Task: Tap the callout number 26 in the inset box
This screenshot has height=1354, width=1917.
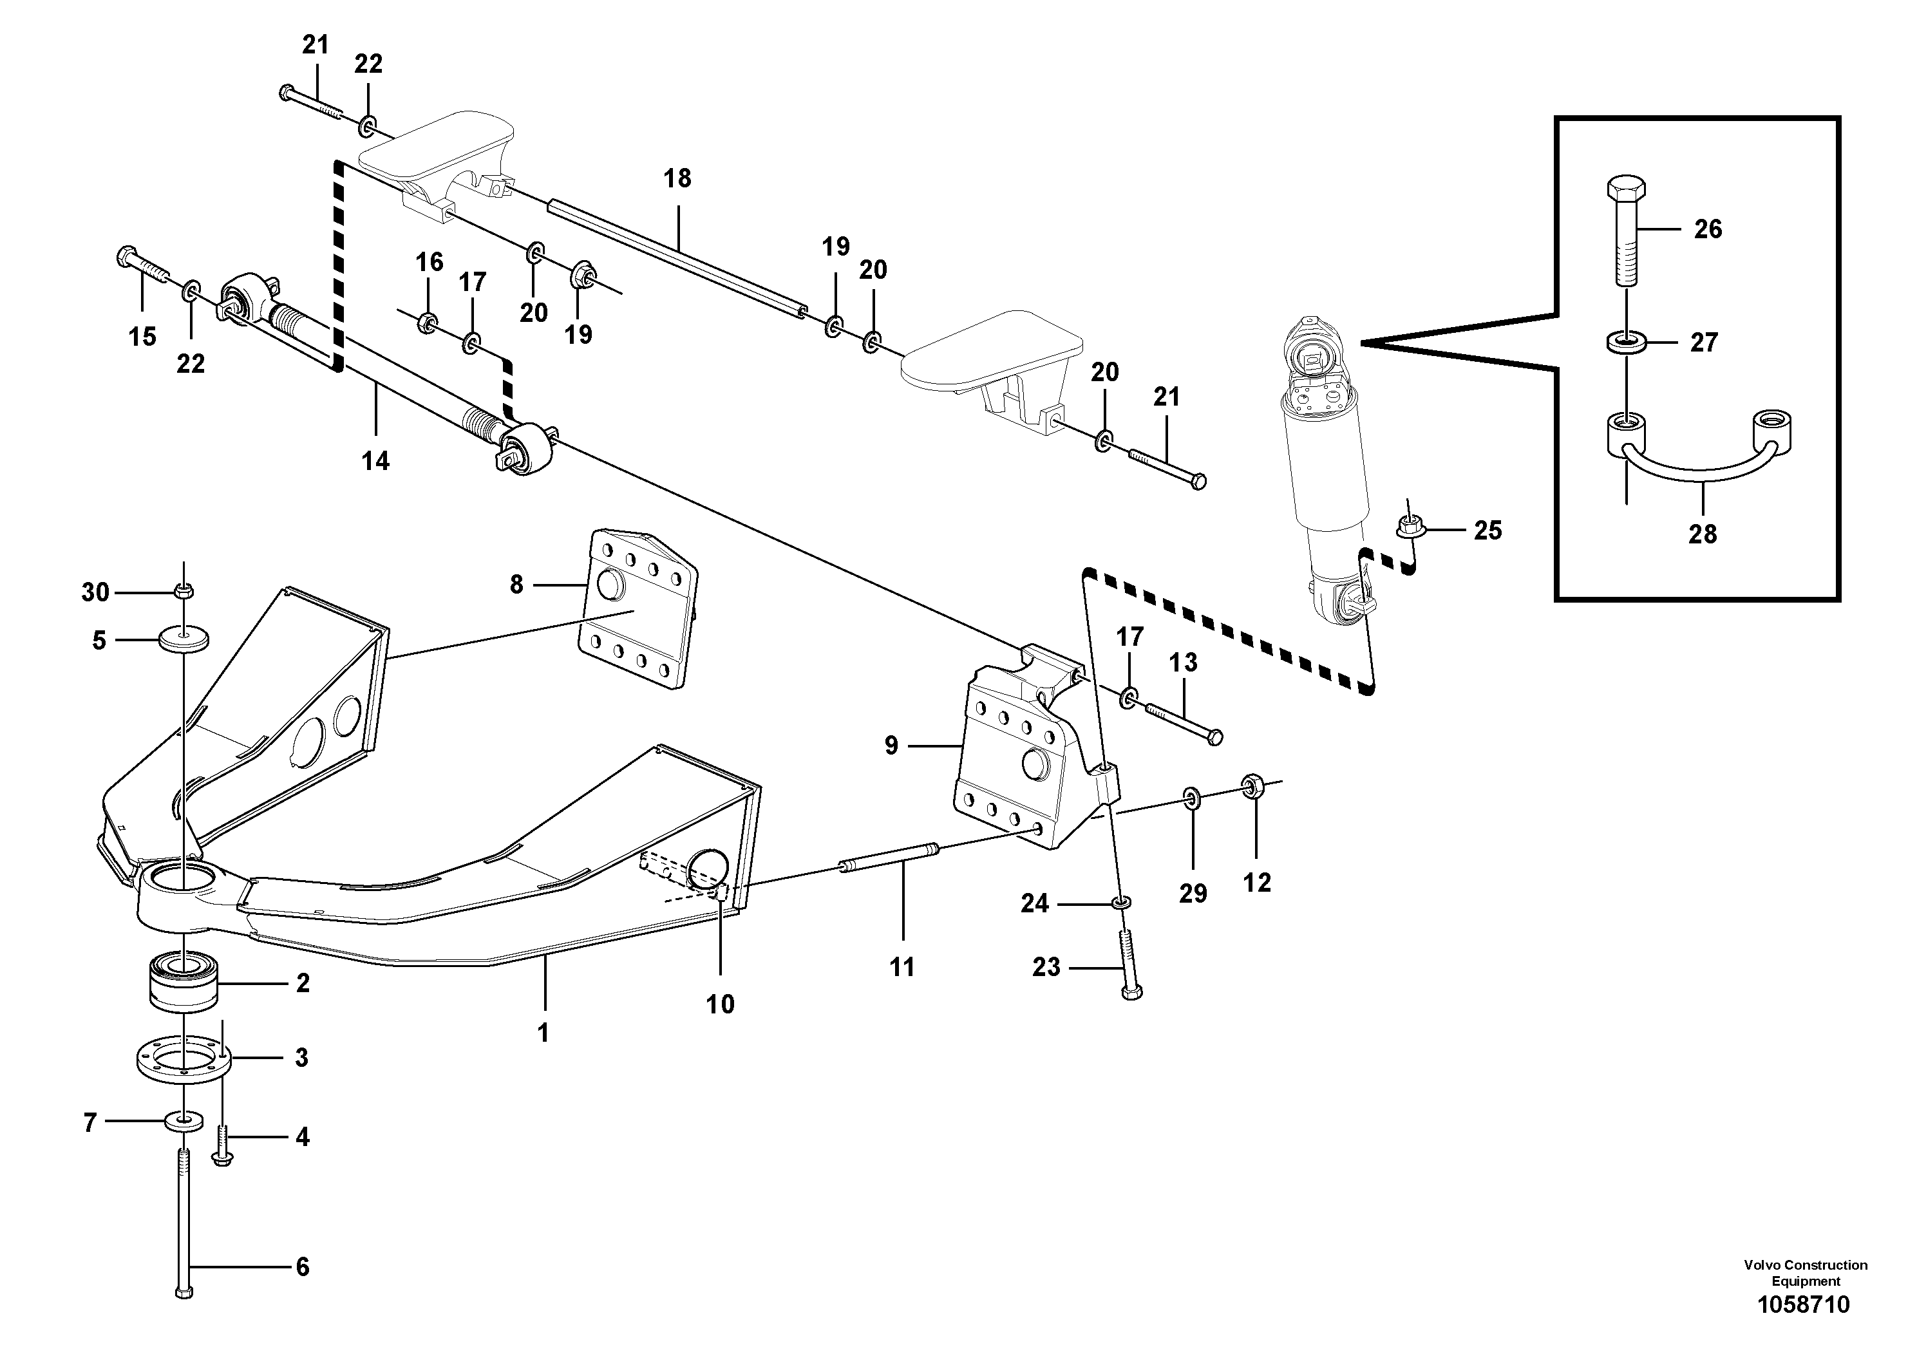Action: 1708,229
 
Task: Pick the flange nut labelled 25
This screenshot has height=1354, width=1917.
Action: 1410,527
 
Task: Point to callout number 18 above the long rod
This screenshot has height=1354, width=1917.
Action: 677,178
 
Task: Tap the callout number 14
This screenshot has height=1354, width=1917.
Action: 375,460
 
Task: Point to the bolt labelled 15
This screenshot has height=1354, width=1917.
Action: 144,264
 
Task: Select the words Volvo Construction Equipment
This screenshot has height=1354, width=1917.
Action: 1805,1273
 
